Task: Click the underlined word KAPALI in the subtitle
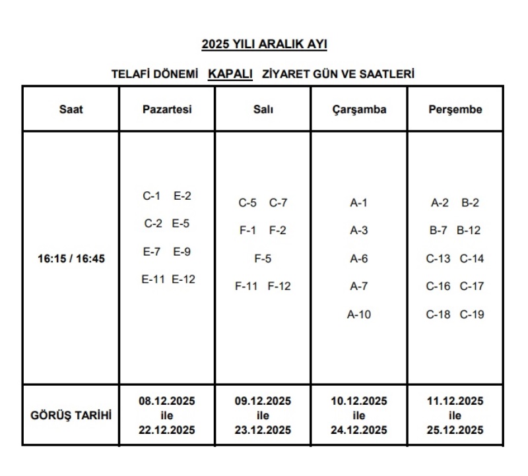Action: click(x=230, y=74)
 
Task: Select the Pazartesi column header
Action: click(x=167, y=109)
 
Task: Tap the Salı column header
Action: click(x=263, y=109)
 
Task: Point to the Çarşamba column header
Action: click(x=359, y=109)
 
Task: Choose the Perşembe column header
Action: click(x=455, y=109)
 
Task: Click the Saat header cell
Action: click(x=71, y=109)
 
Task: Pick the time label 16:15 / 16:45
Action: click(x=71, y=259)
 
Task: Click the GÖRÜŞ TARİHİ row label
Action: click(x=71, y=415)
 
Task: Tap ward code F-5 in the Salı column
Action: click(x=263, y=258)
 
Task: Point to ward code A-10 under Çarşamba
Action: click(x=359, y=314)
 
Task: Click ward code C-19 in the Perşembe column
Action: click(x=472, y=314)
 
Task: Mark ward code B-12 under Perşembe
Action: click(x=469, y=231)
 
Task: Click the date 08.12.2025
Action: click(x=167, y=401)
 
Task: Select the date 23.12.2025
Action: click(x=263, y=430)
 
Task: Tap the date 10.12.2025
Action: click(x=359, y=401)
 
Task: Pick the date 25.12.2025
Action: click(x=455, y=430)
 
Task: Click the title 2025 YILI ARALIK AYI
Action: click(x=264, y=45)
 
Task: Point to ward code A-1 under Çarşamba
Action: click(x=359, y=203)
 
